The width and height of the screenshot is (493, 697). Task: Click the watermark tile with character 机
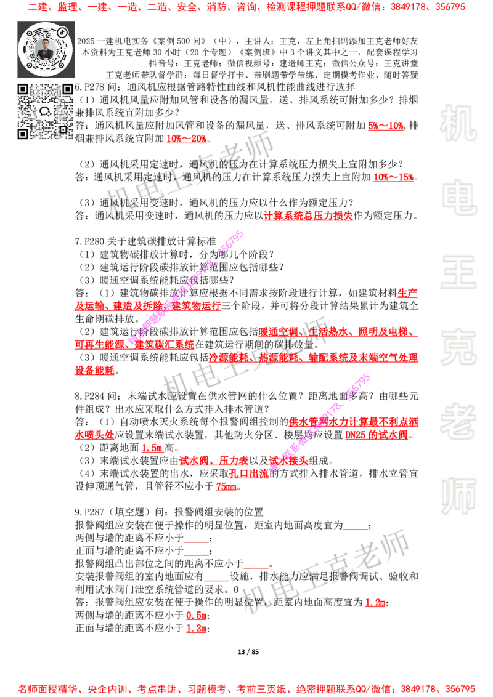tap(458, 123)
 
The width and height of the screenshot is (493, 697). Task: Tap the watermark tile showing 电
tap(460, 197)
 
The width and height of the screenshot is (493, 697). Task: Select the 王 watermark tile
tap(458, 273)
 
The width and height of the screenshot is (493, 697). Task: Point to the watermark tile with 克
tap(458, 347)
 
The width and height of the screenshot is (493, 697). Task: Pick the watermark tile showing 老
tap(458, 421)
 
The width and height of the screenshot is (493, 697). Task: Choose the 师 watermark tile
tap(458, 498)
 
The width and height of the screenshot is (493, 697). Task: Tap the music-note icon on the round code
tap(63, 31)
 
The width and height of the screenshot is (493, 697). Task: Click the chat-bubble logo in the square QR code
tap(45, 111)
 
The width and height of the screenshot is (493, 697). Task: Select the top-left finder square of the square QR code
tap(23, 89)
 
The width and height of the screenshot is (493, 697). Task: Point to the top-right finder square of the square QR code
tap(67, 89)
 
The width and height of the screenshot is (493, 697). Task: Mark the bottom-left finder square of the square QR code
tap(23, 134)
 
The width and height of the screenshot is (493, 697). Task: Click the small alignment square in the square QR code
tap(63, 129)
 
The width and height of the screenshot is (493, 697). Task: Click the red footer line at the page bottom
tap(246, 688)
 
